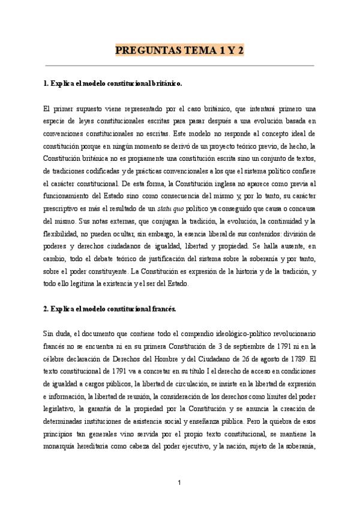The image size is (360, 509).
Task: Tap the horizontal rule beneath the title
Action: [x=179, y=65]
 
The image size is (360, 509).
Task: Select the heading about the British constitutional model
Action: [x=113, y=85]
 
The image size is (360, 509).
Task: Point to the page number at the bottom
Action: [x=180, y=483]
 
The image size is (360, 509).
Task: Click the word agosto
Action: [x=274, y=359]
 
